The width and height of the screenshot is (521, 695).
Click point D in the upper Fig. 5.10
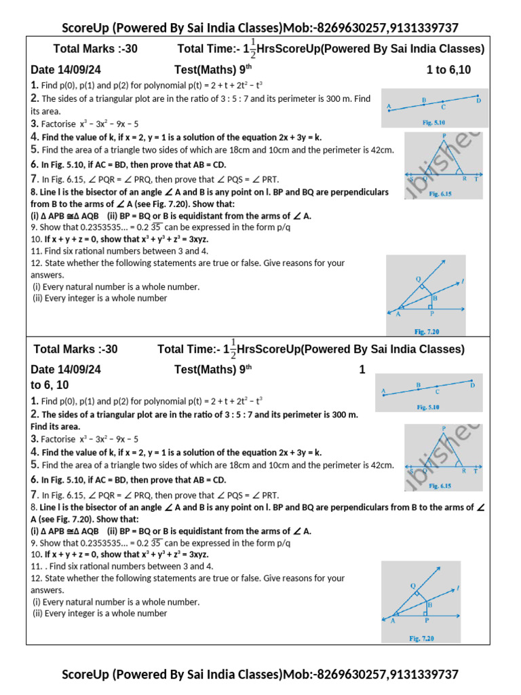pyautogui.click(x=478, y=100)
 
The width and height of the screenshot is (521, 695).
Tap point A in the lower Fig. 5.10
pyautogui.click(x=384, y=392)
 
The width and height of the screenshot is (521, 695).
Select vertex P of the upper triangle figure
pyautogui.click(x=444, y=136)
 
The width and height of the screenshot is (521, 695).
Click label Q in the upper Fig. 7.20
pyautogui.click(x=418, y=279)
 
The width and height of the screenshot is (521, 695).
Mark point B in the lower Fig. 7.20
pyautogui.click(x=429, y=604)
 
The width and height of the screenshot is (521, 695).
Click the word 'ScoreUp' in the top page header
pyautogui.click(x=85, y=28)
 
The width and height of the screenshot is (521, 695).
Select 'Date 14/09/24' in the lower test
pyautogui.click(x=66, y=370)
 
